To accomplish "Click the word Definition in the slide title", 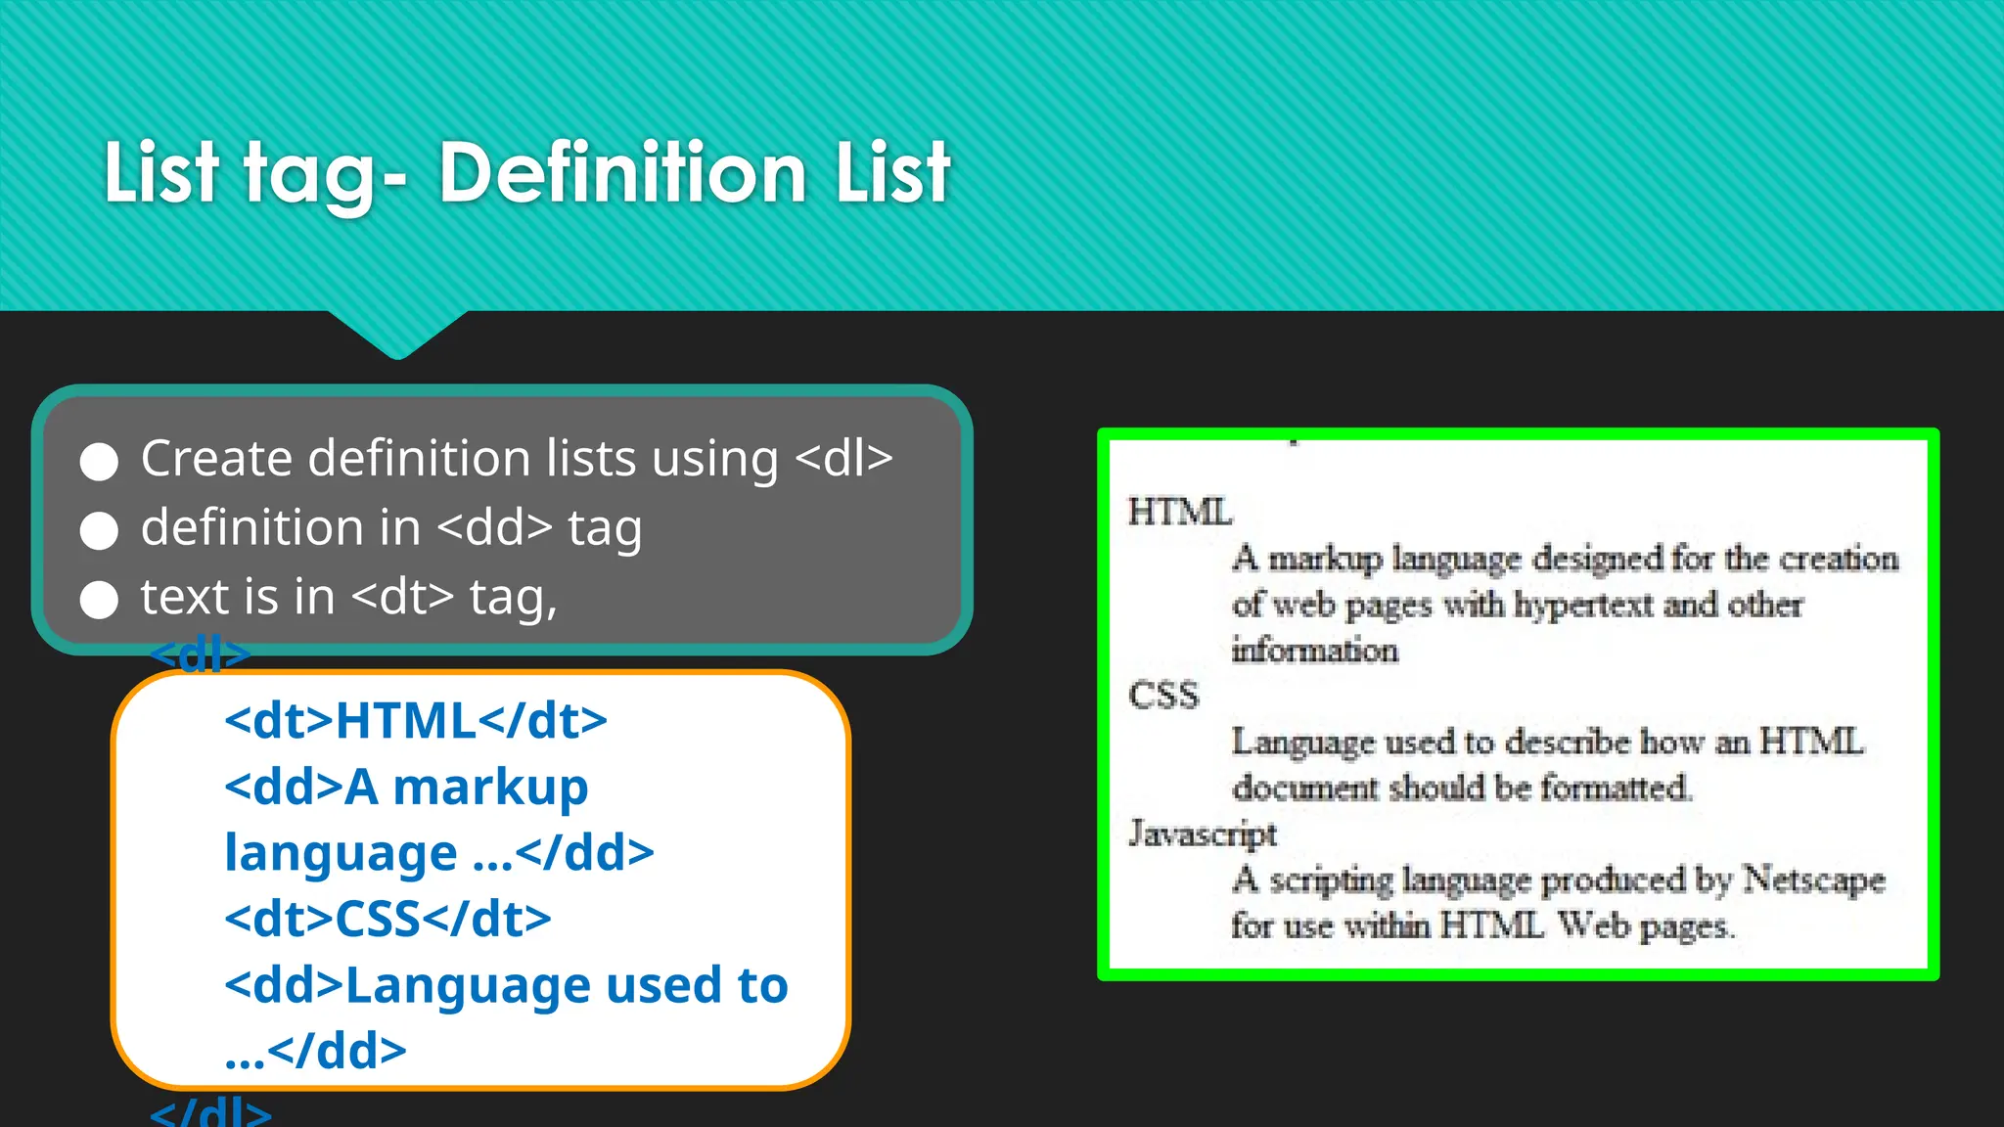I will [622, 173].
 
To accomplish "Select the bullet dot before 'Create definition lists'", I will [99, 462].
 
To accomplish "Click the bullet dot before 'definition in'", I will [99, 530].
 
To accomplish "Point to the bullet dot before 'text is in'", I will [99, 600].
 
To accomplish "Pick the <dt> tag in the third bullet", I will [402, 597].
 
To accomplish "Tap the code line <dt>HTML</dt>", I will [416, 721].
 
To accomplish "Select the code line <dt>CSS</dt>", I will [387, 920].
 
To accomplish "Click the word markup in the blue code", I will [490, 788].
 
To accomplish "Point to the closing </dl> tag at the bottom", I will [210, 1112].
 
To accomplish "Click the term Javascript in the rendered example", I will [1203, 833].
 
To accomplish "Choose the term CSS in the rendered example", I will [1163, 696].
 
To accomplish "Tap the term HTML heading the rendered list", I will [1180, 512].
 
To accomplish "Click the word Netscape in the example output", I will [1813, 879].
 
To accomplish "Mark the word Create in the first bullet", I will [216, 458].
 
